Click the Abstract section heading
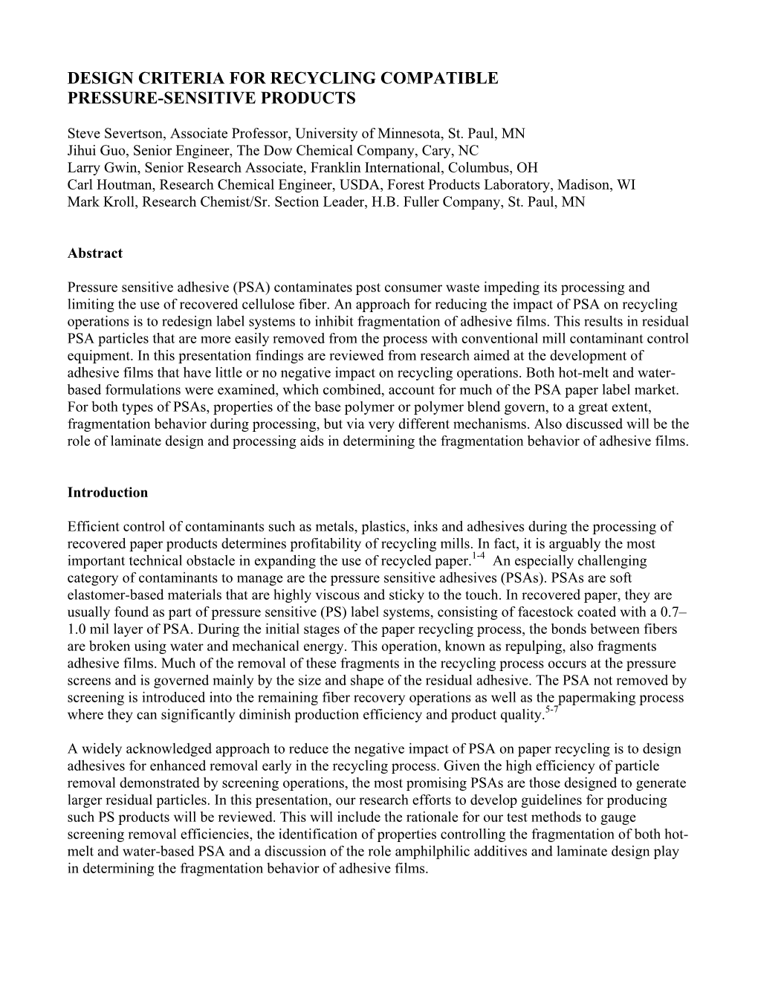[x=95, y=253]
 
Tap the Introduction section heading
[x=107, y=493]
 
